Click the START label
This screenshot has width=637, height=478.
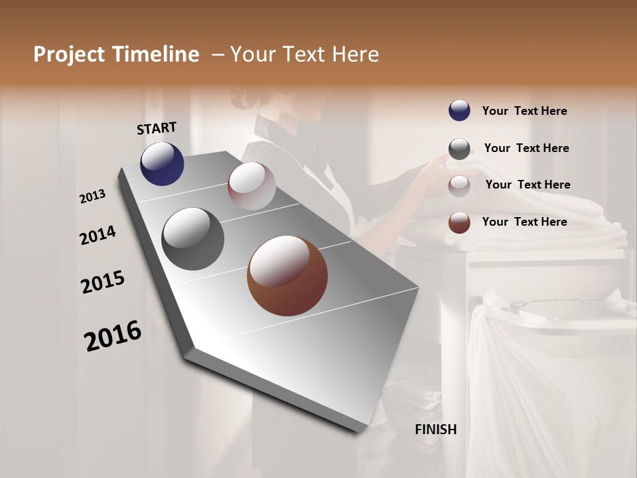click(157, 128)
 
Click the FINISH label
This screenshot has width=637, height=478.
click(436, 430)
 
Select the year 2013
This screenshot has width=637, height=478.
click(93, 196)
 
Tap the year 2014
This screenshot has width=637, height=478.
click(98, 235)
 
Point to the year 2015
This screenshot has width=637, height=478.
click(103, 282)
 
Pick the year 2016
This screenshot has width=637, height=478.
click(113, 336)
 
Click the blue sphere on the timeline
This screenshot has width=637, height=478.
click(162, 163)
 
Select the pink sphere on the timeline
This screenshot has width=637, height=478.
click(251, 186)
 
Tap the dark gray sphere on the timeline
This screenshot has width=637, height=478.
click(192, 239)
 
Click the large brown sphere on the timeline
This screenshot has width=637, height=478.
click(287, 276)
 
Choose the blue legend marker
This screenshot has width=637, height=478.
click(459, 110)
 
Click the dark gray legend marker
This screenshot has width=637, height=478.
click(459, 149)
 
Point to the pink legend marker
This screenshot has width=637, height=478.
click(459, 186)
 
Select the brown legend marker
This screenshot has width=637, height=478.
click(459, 222)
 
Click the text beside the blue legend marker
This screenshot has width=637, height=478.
click(524, 111)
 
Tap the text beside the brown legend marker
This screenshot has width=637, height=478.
click(524, 222)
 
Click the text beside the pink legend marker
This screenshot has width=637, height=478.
click(528, 185)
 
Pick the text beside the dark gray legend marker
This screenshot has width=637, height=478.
click(526, 148)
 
